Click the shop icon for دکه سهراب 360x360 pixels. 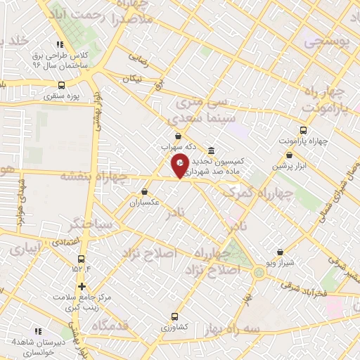pos(177,136)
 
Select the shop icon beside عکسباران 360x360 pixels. pos(144,191)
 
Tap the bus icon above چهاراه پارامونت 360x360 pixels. pos(303,130)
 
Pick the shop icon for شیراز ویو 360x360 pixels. pos(281,251)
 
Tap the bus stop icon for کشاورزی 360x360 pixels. pos(174,316)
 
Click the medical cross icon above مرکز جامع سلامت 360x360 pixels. pos(82,286)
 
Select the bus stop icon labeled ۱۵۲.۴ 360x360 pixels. pos(82,258)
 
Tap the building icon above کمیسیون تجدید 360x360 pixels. pos(212,150)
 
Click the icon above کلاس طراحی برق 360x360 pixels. pos(60,44)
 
